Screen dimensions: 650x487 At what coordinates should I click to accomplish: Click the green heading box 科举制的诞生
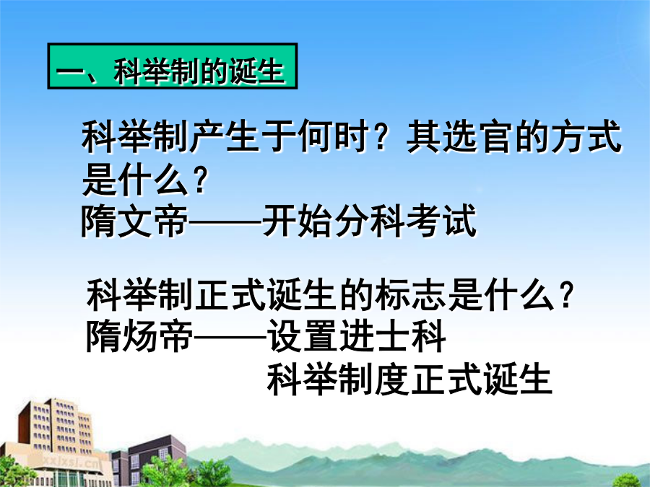[173, 66]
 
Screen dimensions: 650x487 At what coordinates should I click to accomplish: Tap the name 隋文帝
[135, 221]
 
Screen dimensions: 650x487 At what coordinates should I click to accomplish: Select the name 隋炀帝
[139, 335]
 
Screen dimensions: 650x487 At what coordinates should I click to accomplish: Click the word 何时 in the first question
[334, 136]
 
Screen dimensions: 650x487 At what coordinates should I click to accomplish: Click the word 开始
[297, 221]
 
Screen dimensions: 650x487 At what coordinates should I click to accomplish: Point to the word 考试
[441, 221]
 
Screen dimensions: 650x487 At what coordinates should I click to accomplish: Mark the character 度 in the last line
[391, 379]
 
